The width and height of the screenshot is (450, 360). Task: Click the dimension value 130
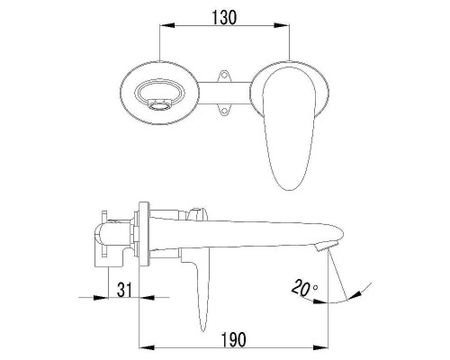224,17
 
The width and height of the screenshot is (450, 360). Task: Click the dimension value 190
234,339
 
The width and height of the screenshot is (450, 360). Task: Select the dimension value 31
124,290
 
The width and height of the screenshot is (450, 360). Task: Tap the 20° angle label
303,287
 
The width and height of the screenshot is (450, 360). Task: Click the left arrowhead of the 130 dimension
166,25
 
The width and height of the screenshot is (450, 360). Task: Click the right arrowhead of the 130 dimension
282,25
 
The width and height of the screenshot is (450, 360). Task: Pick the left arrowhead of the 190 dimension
147,347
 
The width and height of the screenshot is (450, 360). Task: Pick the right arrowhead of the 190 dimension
320,347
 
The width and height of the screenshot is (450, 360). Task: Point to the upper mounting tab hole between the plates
224,76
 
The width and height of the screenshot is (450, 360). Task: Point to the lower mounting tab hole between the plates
224,111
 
